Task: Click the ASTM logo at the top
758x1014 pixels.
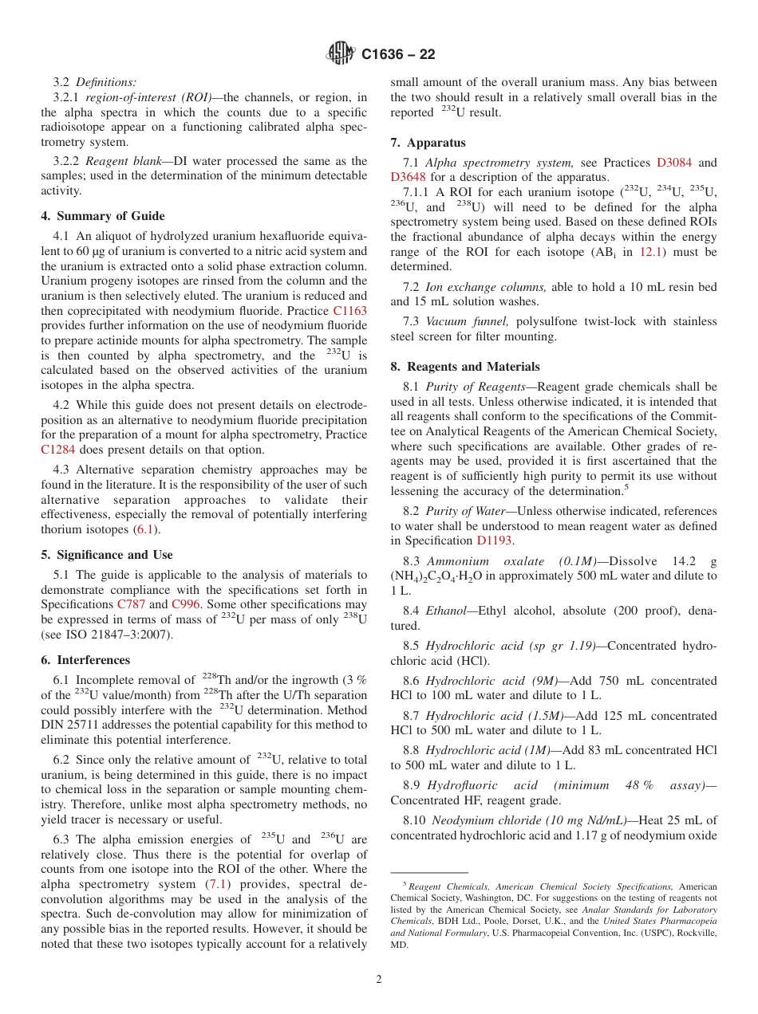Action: click(341, 54)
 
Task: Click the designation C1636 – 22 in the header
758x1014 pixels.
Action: click(398, 55)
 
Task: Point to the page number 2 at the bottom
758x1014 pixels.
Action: click(379, 980)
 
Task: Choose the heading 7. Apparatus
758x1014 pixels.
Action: click(428, 143)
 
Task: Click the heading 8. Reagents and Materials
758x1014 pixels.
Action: click(465, 367)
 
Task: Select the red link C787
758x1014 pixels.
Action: click(131, 604)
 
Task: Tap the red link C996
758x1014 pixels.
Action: click(186, 604)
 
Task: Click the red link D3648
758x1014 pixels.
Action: click(408, 178)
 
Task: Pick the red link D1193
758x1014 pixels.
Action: click(495, 541)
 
